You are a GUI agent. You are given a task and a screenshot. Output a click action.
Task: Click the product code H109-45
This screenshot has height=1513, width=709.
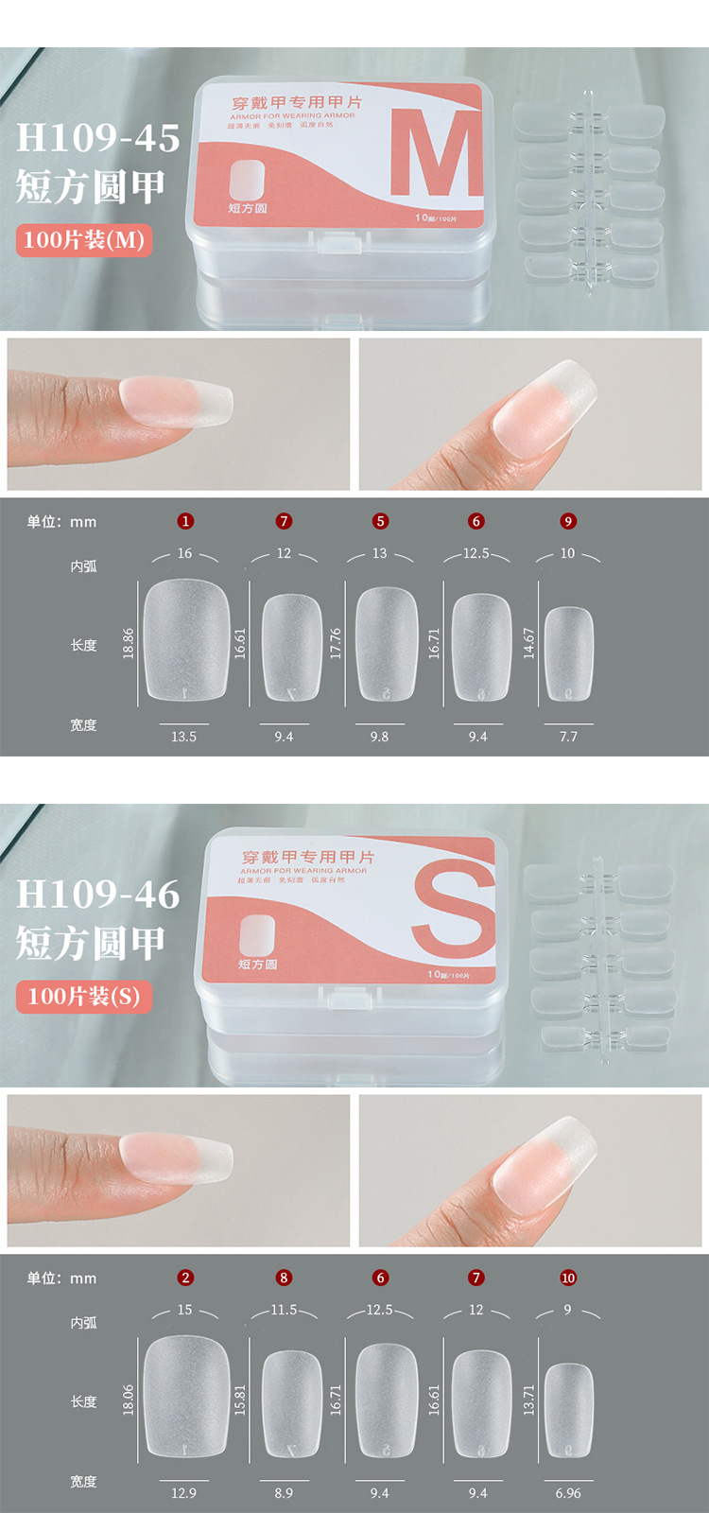(98, 138)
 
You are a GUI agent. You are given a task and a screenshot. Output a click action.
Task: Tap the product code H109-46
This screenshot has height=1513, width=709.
(98, 895)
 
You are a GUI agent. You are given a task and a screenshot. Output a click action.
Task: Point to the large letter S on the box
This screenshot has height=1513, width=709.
(455, 910)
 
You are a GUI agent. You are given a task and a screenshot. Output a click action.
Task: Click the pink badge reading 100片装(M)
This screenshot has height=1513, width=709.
(84, 240)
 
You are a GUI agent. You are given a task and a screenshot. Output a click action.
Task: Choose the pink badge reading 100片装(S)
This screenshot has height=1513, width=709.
(84, 997)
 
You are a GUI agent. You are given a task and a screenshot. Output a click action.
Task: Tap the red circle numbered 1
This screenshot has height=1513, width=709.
(185, 521)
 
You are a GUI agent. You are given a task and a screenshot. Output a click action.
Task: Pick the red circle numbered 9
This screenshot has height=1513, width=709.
(568, 521)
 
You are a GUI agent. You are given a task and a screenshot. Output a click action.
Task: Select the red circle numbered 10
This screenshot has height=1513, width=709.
(568, 1278)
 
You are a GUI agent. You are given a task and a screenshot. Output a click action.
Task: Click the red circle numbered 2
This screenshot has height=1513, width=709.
(185, 1278)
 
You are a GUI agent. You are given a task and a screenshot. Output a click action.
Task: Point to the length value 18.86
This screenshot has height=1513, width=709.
(129, 643)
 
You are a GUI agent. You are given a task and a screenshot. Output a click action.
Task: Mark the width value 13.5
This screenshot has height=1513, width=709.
(183, 737)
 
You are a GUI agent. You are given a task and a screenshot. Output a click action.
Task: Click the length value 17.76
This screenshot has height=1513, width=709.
(336, 643)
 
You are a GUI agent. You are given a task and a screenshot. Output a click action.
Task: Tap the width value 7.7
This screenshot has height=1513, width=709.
(568, 737)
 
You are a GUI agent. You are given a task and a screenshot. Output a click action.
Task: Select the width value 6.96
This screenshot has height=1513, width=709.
(568, 1493)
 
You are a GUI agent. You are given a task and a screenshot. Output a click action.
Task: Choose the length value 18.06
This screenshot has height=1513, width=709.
(129, 1400)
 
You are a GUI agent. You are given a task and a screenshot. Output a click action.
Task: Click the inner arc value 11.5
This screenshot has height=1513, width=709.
(284, 1310)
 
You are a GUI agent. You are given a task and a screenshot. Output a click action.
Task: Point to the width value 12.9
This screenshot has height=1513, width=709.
(183, 1493)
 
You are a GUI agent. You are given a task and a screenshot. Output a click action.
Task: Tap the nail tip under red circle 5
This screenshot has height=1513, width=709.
(386, 645)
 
